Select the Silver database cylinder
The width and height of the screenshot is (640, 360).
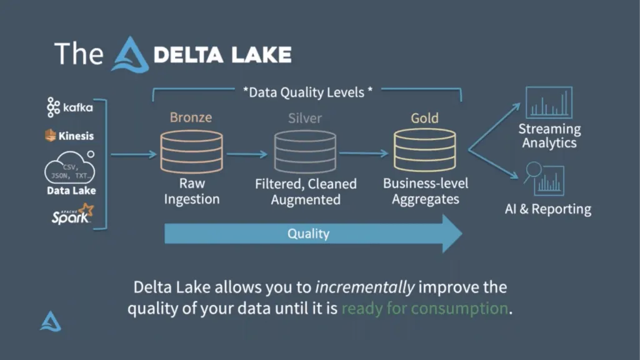click(305, 152)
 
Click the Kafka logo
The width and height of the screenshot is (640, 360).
click(70, 107)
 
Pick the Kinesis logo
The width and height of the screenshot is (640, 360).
click(69, 136)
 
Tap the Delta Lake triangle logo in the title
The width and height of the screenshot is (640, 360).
click(130, 54)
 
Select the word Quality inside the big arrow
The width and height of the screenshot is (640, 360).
click(308, 234)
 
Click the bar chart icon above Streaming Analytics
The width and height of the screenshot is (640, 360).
click(549, 102)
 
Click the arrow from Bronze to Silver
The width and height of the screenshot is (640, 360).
click(246, 153)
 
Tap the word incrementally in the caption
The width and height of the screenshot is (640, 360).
click(364, 287)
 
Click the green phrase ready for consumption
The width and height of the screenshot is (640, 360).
click(424, 308)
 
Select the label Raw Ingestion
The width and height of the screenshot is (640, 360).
click(191, 191)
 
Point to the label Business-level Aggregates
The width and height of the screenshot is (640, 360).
click(425, 191)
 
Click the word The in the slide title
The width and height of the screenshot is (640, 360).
click(78, 54)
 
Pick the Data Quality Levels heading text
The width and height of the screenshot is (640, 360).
click(307, 92)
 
